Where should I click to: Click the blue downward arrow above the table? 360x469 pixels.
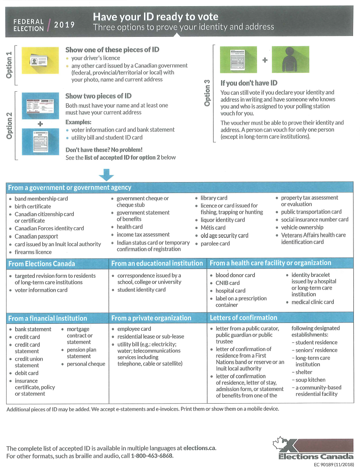coord(106,175)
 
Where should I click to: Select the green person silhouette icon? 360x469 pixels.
coord(287,60)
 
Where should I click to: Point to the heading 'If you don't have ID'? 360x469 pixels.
coord(249,83)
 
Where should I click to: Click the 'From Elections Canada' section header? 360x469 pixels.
coord(42,264)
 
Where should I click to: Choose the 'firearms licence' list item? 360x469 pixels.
coord(33,252)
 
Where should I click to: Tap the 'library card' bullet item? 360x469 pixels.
coord(214,198)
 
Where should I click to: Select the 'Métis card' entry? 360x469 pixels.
coord(213,228)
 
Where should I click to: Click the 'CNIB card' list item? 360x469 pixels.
coord(228,283)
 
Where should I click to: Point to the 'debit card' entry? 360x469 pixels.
coord(27,373)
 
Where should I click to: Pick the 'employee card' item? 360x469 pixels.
coord(134,329)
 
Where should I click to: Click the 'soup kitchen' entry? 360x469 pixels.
coord(310,380)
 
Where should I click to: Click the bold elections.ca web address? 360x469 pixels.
coord(200,448)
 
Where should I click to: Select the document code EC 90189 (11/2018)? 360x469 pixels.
coord(334,464)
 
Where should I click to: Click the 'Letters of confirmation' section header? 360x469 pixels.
coord(243,318)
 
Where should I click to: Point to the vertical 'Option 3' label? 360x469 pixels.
coord(207,93)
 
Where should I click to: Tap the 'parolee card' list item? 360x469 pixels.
coord(215,243)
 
